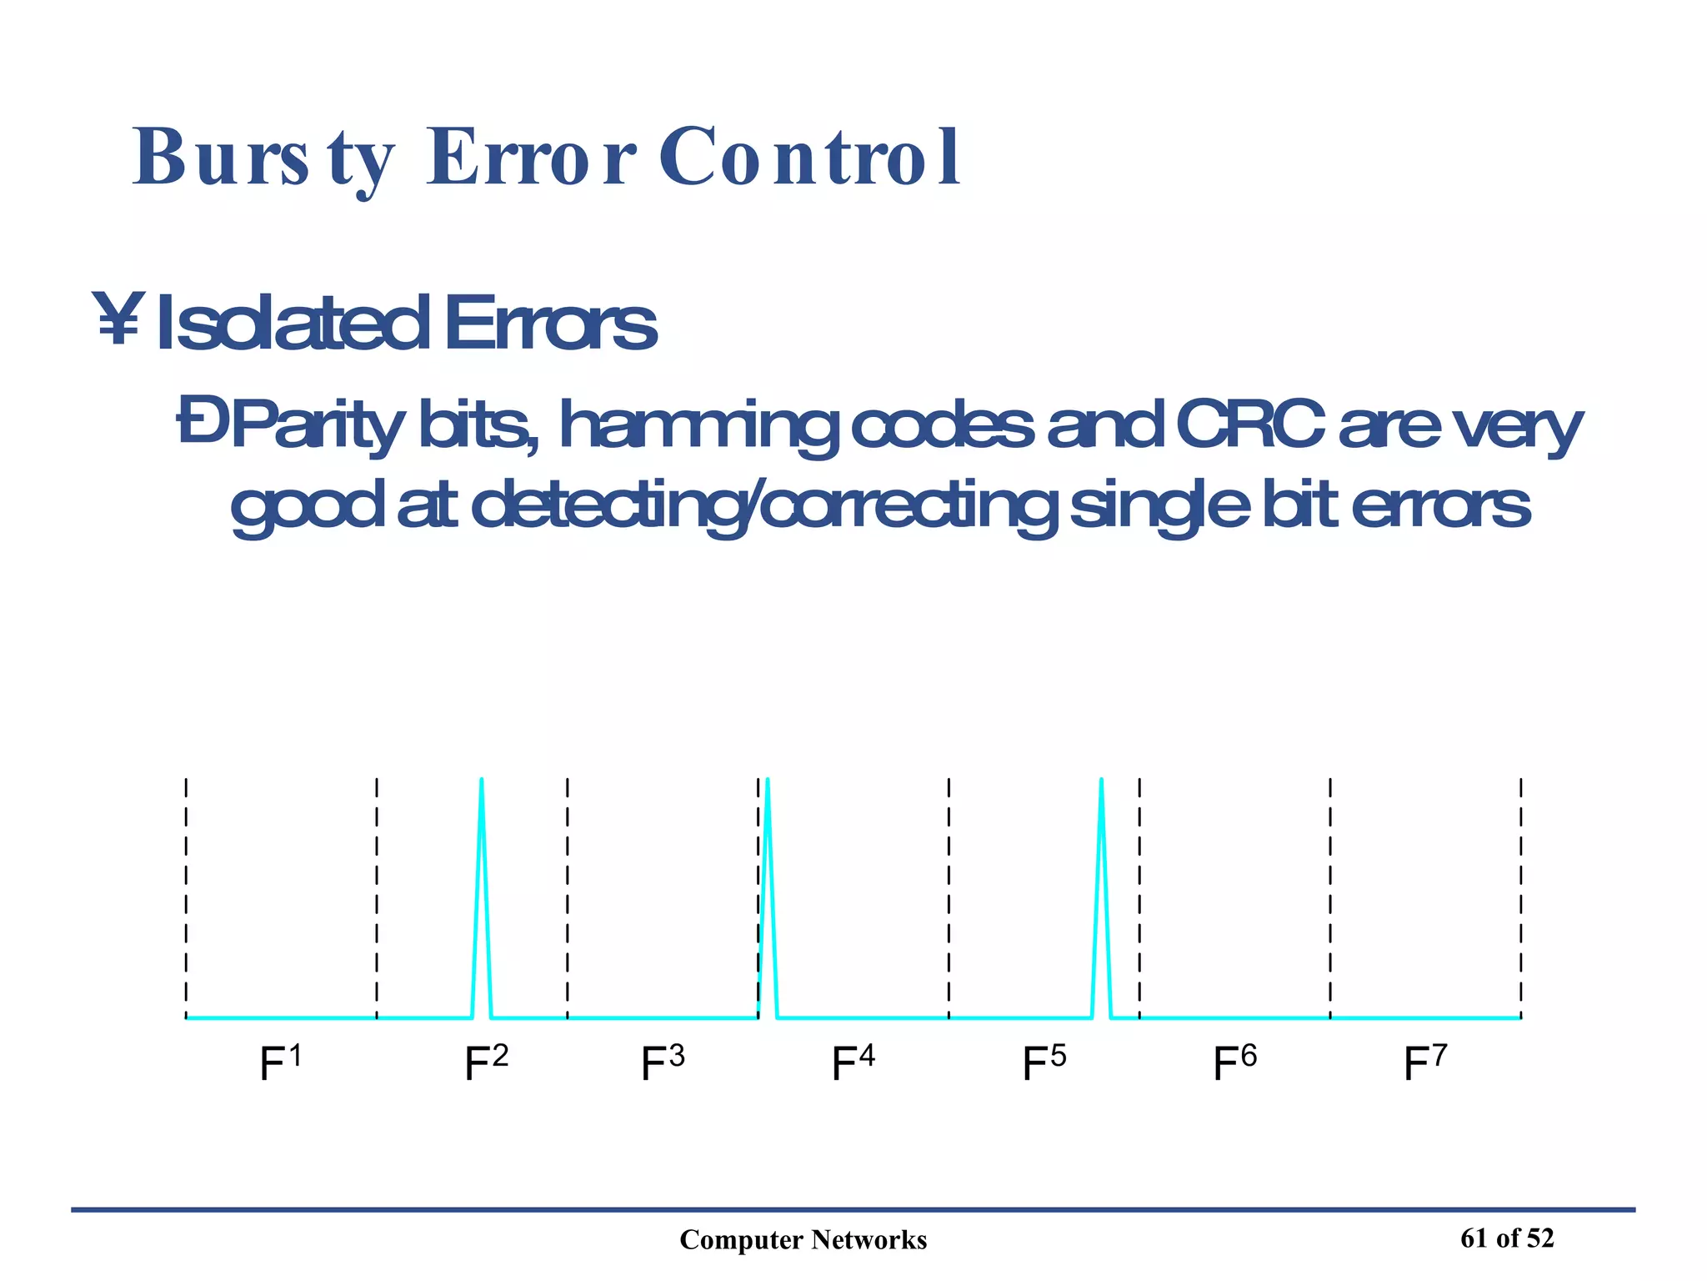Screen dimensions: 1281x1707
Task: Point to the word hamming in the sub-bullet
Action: (x=696, y=427)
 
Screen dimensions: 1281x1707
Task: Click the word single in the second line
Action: (x=1159, y=507)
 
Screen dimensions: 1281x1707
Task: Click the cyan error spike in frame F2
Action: (x=482, y=892)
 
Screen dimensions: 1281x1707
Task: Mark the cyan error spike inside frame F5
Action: (x=1102, y=892)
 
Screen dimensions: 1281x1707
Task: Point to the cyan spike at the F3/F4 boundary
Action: (x=768, y=892)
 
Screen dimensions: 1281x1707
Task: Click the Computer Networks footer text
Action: (x=803, y=1240)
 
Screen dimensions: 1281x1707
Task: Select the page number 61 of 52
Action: (x=1507, y=1238)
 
